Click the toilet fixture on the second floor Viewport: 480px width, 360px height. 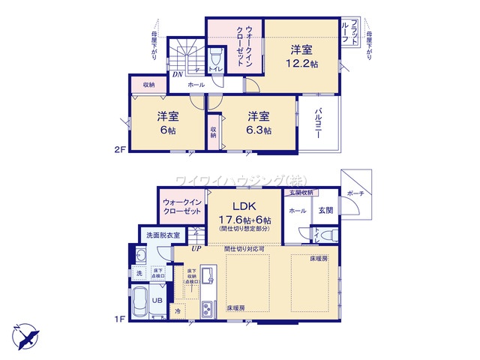click(x=215, y=59)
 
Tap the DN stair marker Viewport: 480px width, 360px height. click(x=177, y=74)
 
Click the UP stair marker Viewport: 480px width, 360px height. click(x=196, y=248)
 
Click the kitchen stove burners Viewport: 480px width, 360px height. click(x=208, y=308)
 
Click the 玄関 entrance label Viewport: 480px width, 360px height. click(x=325, y=211)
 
